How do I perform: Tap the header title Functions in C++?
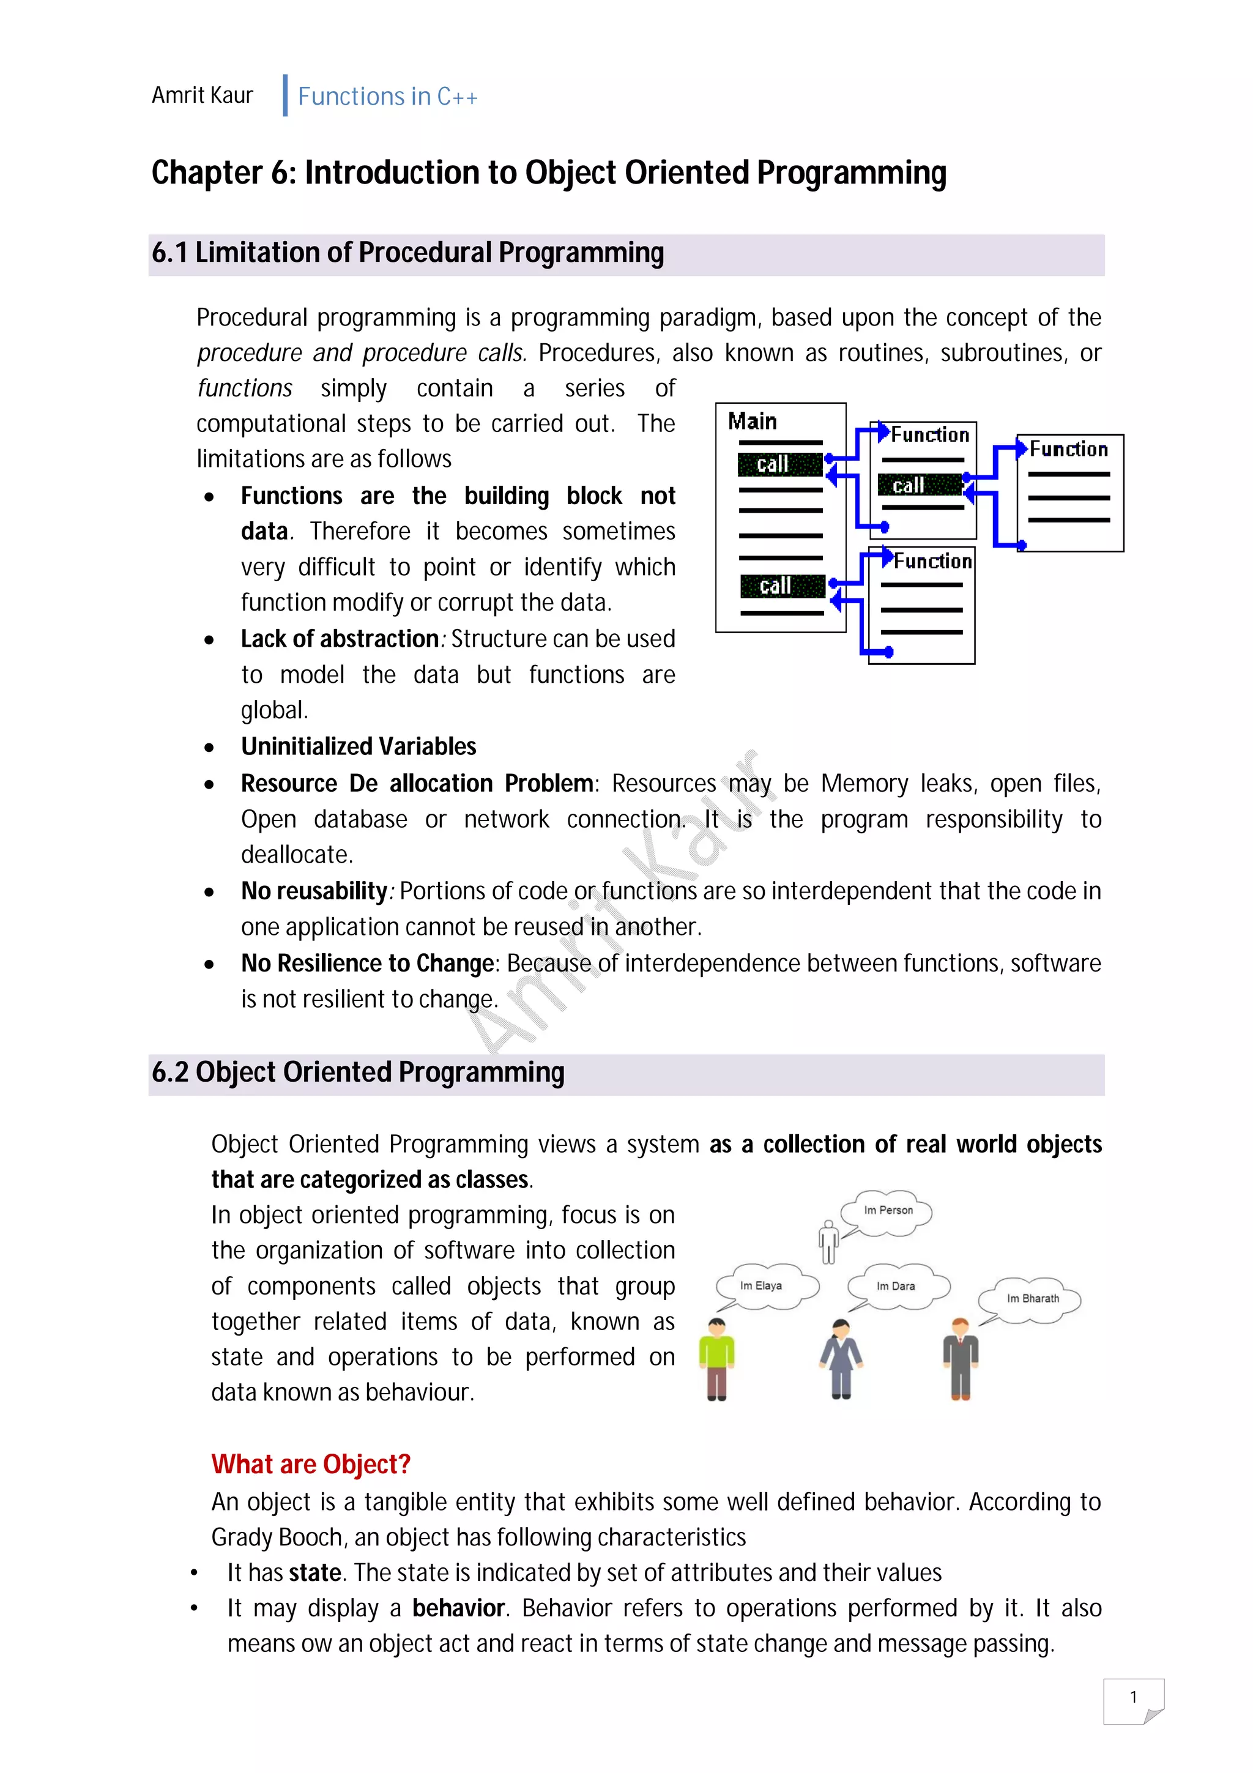tap(387, 97)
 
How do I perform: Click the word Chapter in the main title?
tap(207, 173)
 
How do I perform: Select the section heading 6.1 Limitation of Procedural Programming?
tap(407, 253)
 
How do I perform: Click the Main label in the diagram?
tap(752, 421)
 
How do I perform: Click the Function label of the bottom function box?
tap(932, 560)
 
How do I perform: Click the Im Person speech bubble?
tap(888, 1211)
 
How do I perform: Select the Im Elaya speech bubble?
tap(763, 1286)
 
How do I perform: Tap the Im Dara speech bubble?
tap(896, 1287)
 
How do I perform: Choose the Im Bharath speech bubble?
tap(1032, 1299)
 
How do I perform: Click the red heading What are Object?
tap(310, 1464)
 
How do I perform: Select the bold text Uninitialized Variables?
tap(359, 747)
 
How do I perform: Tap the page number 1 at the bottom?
tap(1132, 1697)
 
